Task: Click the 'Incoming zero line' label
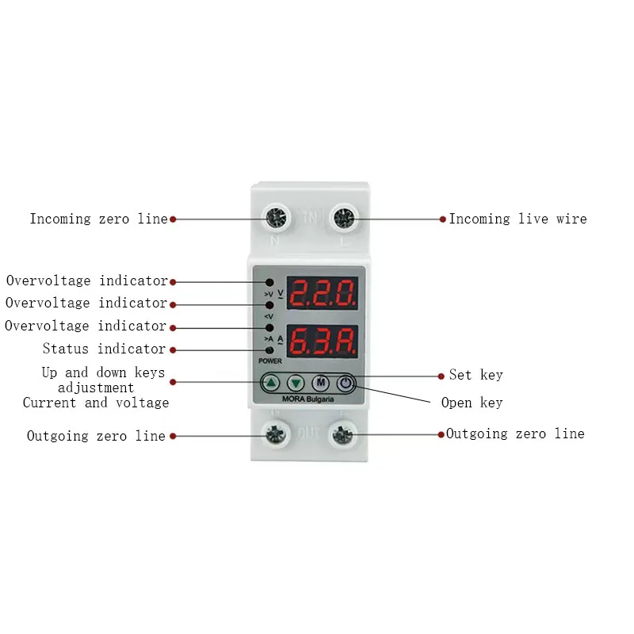tap(99, 219)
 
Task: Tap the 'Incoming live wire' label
tap(518, 219)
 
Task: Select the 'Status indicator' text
tap(104, 349)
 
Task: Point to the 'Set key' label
tap(475, 375)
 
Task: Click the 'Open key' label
tap(472, 403)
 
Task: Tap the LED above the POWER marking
tap(269, 349)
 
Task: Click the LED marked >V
tap(269, 283)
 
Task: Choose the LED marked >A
tap(269, 327)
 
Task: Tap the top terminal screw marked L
tap(342, 218)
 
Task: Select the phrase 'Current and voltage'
tap(96, 403)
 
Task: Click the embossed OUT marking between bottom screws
tap(308, 433)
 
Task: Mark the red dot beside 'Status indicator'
tap(174, 349)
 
